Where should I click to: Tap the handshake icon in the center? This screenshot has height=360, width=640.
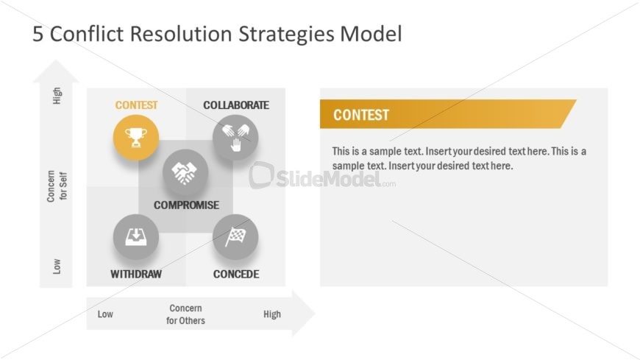pyautogui.click(x=185, y=172)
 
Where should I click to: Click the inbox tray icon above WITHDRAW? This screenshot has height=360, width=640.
pyautogui.click(x=135, y=236)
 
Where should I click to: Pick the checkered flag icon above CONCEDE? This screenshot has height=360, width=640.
pyautogui.click(x=235, y=236)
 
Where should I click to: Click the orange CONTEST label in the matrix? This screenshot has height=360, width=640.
pyautogui.click(x=136, y=105)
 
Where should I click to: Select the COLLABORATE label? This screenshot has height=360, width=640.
pyautogui.click(x=236, y=105)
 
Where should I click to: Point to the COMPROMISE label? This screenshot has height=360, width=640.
pyautogui.click(x=186, y=205)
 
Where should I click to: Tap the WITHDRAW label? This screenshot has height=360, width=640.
pyautogui.click(x=136, y=275)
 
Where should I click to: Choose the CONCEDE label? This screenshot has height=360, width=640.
pyautogui.click(x=236, y=275)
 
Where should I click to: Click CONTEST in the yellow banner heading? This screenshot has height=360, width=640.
pyautogui.click(x=361, y=115)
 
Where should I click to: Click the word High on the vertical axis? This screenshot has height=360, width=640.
pyautogui.click(x=57, y=96)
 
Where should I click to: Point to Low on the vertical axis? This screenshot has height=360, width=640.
pyautogui.click(x=57, y=266)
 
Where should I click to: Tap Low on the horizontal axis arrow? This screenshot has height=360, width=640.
pyautogui.click(x=105, y=314)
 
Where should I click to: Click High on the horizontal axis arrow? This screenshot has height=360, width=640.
pyautogui.click(x=271, y=314)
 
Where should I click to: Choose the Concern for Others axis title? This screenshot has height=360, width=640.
pyautogui.click(x=185, y=314)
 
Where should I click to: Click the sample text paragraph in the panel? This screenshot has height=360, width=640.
pyautogui.click(x=458, y=158)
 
